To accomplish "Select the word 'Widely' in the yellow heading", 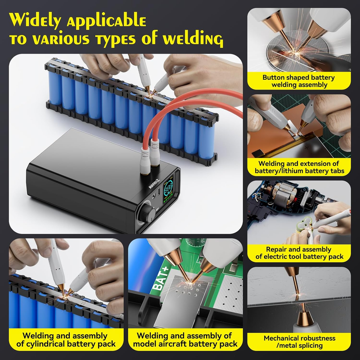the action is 36,20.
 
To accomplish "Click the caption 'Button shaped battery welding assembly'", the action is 299,81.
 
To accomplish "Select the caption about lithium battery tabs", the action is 299,167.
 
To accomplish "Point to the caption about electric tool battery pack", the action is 299,253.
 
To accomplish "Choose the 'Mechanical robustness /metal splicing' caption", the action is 299,342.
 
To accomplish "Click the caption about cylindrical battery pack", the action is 66,340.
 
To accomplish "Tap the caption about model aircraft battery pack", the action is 185,340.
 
